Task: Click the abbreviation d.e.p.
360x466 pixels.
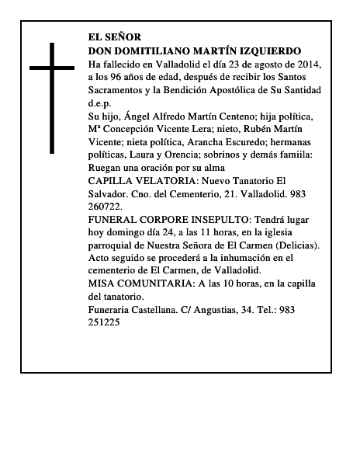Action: [x=100, y=103]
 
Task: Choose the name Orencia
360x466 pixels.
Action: [x=185, y=155]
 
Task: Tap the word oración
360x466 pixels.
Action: [x=171, y=169]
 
